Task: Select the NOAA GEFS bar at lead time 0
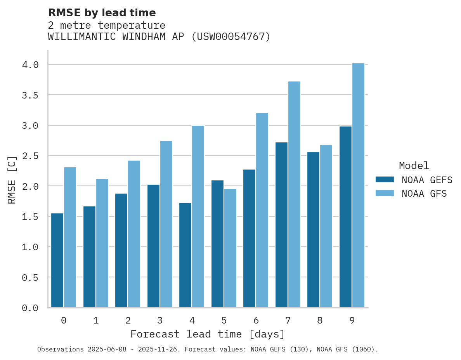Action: pyautogui.click(x=57, y=260)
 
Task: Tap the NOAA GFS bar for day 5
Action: pyautogui.click(x=230, y=248)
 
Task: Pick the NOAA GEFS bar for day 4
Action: pyautogui.click(x=185, y=255)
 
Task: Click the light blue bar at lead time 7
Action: pyautogui.click(x=294, y=194)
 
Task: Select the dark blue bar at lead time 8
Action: pyautogui.click(x=313, y=230)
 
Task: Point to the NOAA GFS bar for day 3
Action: pyautogui.click(x=166, y=224)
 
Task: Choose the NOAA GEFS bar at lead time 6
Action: pyautogui.click(x=249, y=239)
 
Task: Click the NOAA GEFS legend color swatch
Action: pyautogui.click(x=385, y=180)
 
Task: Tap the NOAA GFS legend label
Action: pyautogui.click(x=424, y=194)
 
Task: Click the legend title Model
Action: pyautogui.click(x=414, y=166)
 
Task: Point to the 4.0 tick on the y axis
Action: pyautogui.click(x=30, y=65)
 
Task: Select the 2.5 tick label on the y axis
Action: pyautogui.click(x=30, y=156)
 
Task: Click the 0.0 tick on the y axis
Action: pyautogui.click(x=30, y=308)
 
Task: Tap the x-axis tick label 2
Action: pyautogui.click(x=128, y=320)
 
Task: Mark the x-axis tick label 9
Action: pyautogui.click(x=352, y=320)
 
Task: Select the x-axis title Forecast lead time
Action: pyautogui.click(x=208, y=334)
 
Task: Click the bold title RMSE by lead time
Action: pyautogui.click(x=102, y=13)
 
